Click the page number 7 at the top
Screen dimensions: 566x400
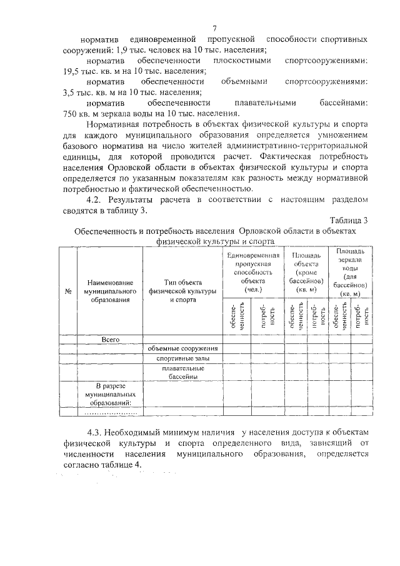(214, 28)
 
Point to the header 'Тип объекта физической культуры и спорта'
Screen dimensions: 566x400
(183, 291)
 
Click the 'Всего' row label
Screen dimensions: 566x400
(110, 339)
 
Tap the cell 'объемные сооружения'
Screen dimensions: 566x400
(183, 348)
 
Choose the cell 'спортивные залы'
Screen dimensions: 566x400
(183, 358)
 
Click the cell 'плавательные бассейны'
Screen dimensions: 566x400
(183, 372)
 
